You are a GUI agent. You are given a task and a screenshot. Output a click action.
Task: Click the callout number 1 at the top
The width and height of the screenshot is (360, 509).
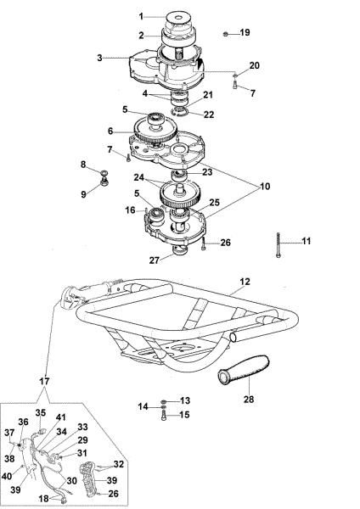click(x=142, y=16)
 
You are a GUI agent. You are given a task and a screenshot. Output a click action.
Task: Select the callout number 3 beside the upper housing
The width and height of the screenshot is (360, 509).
click(x=99, y=58)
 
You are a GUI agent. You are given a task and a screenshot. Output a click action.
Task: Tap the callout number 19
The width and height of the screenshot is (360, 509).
click(x=245, y=33)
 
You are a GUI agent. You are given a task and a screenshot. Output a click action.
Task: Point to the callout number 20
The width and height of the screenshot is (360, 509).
click(x=254, y=66)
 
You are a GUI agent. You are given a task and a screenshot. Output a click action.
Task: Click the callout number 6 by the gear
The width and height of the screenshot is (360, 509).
click(x=110, y=131)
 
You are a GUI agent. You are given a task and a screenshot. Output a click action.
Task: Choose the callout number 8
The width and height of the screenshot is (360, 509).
click(x=82, y=164)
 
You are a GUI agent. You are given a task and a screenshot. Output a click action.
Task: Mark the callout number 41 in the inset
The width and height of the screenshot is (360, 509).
click(x=59, y=417)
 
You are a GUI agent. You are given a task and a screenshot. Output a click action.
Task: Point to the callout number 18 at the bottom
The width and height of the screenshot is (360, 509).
click(x=44, y=500)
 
